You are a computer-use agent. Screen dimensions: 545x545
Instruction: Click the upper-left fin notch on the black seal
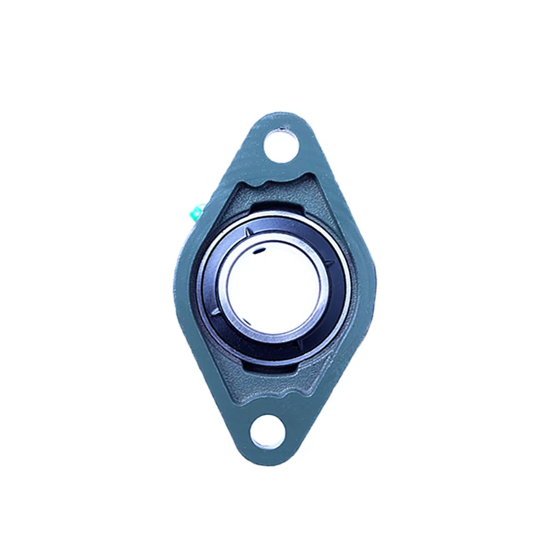pyautogui.click(x=249, y=234)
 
